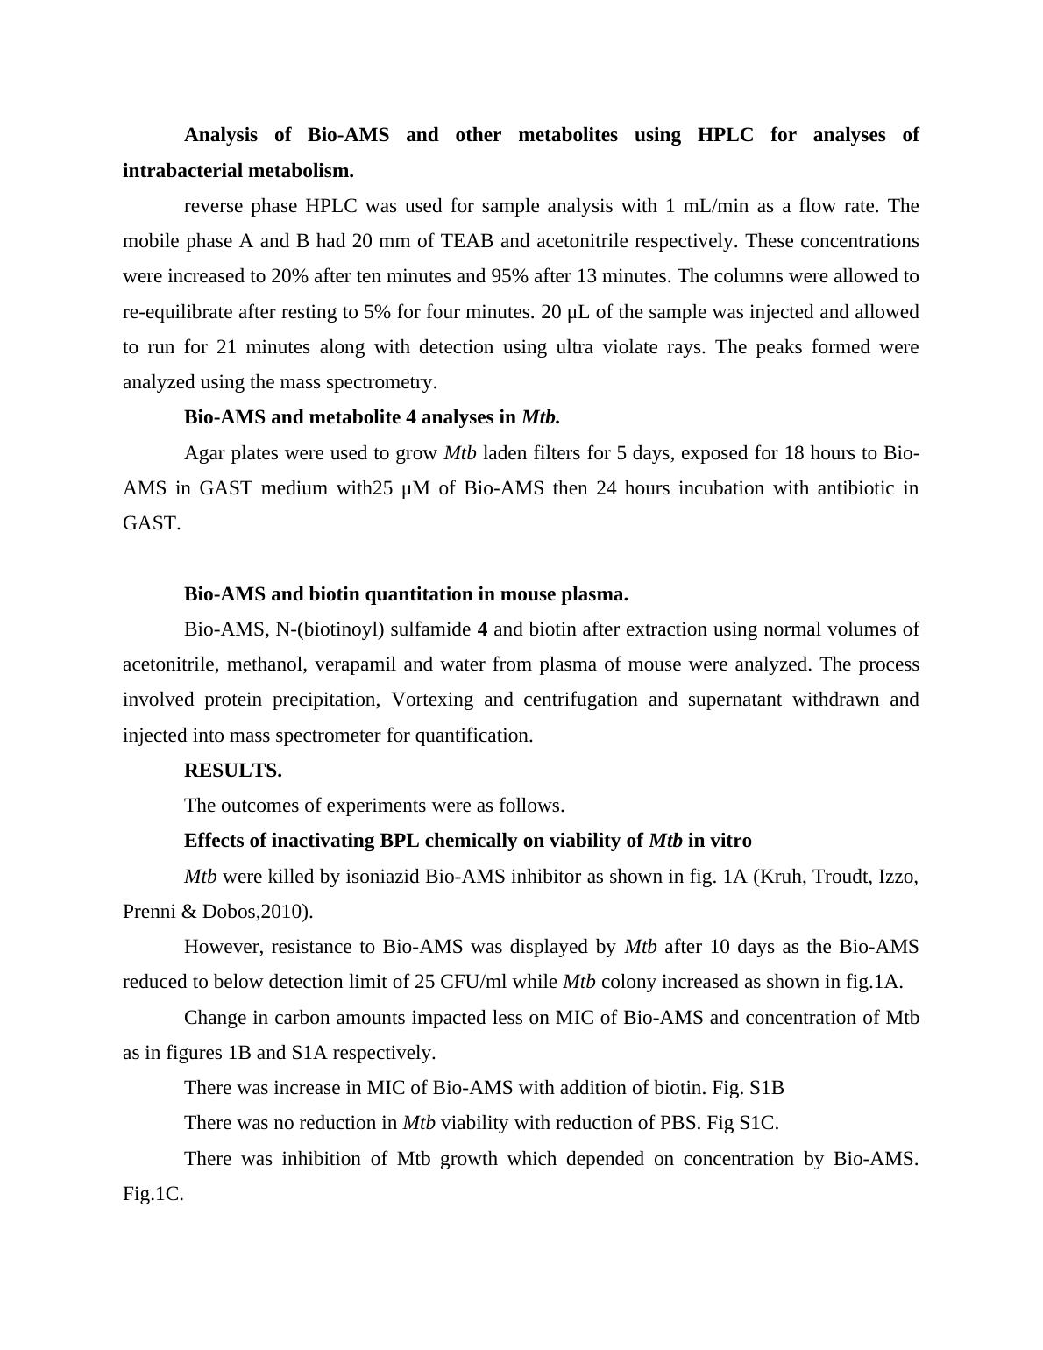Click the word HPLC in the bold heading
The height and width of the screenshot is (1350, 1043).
[726, 135]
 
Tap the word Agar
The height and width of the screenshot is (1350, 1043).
[203, 453]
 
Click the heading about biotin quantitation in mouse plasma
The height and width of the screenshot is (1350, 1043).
[406, 594]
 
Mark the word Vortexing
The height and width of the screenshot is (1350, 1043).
[434, 700]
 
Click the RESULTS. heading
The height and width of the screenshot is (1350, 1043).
[232, 771]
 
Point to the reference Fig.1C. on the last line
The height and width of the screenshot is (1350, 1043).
[153, 1194]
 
